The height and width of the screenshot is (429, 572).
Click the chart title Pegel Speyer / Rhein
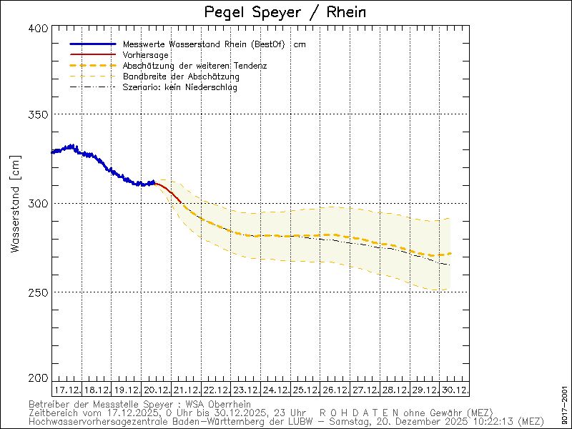point(285,12)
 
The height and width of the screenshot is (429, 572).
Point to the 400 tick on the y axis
point(39,28)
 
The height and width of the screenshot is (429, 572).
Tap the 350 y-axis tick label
point(39,114)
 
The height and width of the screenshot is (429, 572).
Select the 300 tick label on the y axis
point(39,204)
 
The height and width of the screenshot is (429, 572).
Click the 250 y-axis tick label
point(39,292)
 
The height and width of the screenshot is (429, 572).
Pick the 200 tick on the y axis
point(39,378)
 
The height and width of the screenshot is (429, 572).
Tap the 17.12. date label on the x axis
point(66,390)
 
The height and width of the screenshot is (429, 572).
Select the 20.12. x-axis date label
point(156,390)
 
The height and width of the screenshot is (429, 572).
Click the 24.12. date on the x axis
point(275,390)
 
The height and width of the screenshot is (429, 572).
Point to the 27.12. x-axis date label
point(364,390)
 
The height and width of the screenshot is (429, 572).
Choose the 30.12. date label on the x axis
point(453,390)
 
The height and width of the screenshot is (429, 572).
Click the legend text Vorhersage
point(145,55)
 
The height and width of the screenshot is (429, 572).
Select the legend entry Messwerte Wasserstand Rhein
point(204,44)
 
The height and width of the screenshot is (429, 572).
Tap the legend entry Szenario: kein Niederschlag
point(179,87)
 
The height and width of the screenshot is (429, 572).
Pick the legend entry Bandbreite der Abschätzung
point(181,77)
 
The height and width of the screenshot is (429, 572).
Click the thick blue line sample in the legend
point(92,44)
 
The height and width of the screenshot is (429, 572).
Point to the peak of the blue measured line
point(71,145)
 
